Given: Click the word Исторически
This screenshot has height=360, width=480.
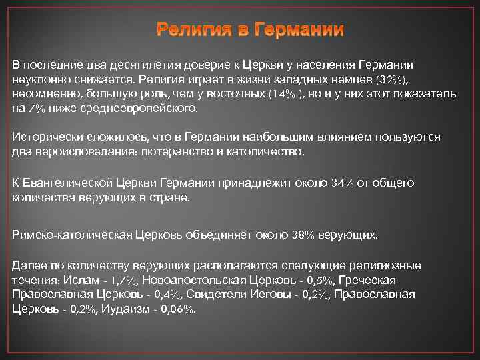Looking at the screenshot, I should (x=46, y=137).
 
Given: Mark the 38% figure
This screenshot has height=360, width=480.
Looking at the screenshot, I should (x=303, y=234).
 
